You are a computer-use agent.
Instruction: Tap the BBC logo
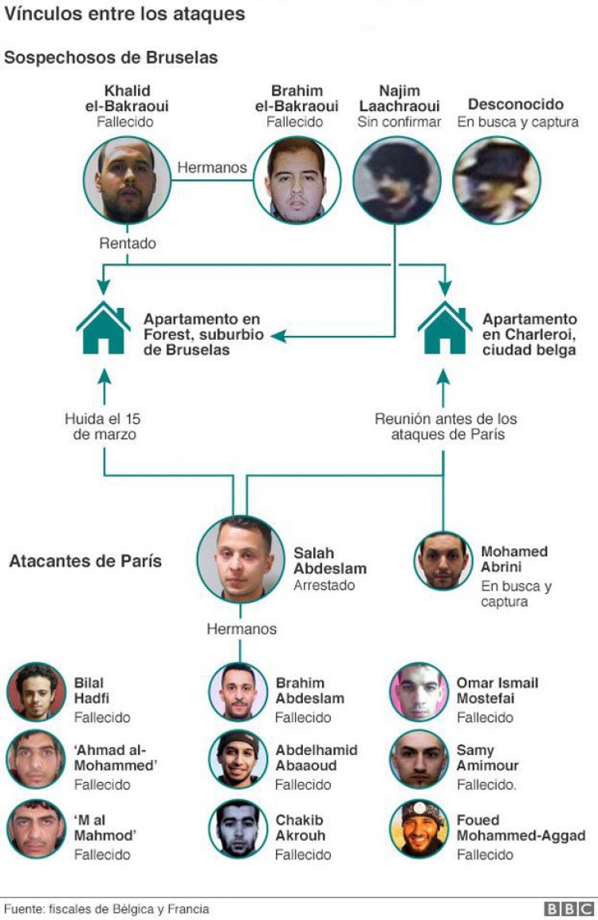pos(569,909)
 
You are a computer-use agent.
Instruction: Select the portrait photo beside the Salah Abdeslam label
pos(240,559)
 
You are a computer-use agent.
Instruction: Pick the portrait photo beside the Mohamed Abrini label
pos(443,561)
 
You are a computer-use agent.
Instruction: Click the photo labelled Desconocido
pos(497,180)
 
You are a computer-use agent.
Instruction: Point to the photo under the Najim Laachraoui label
pos(396,180)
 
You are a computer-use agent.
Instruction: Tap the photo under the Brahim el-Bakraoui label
pos(297,180)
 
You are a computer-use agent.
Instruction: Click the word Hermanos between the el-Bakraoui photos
pos(211,168)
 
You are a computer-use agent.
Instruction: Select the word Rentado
pos(128,243)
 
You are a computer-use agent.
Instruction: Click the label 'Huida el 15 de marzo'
pos(103,427)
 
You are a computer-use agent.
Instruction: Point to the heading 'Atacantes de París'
pos(85,561)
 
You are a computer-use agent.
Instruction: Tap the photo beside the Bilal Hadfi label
pos(36,692)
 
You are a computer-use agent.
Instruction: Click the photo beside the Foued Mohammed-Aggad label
pos(419,829)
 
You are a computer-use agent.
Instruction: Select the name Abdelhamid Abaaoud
pos(317,758)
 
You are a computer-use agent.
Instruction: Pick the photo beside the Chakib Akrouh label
pos(238,829)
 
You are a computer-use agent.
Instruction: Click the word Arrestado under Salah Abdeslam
pos(325,585)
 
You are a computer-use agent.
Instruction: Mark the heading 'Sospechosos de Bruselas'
pos(111,57)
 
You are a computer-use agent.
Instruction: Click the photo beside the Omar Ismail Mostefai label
pos(419,692)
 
